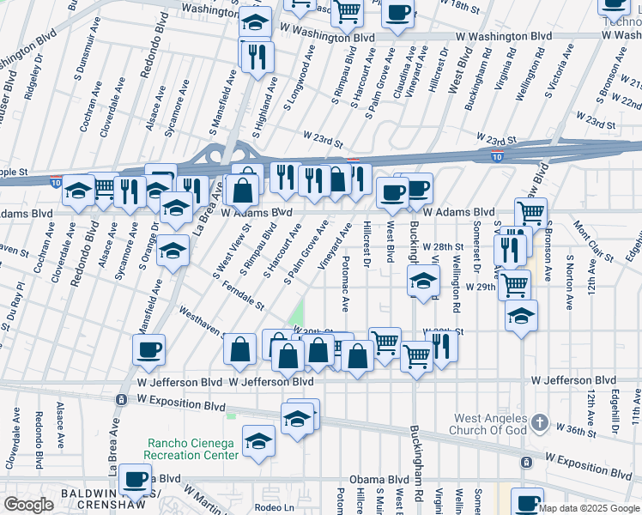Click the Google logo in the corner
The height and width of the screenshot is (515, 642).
point(28,505)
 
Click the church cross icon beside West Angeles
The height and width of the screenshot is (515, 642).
point(538,422)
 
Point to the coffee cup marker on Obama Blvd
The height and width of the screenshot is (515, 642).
point(135,479)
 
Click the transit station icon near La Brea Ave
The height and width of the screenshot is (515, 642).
point(121,400)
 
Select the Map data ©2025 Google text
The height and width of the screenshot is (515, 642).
point(589,508)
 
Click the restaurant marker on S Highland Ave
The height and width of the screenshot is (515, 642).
point(256,57)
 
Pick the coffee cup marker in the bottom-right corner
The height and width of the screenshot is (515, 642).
point(527,501)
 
